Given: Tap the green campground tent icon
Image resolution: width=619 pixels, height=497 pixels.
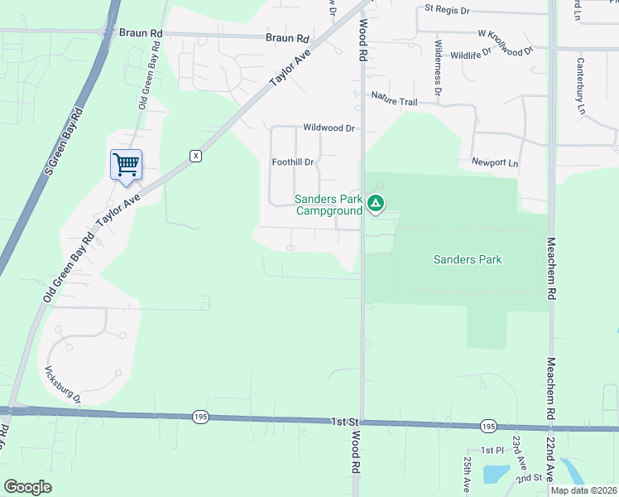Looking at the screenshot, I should point(376,203).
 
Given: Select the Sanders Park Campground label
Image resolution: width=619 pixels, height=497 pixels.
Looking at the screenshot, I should point(329,205).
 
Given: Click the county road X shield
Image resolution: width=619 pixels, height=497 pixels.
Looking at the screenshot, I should point(195,156).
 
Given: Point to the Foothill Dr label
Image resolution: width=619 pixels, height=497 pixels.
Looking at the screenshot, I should point(293,162).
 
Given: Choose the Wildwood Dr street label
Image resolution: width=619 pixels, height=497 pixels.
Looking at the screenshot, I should point(329,128).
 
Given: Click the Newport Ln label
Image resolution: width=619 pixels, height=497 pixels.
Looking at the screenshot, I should point(494,162).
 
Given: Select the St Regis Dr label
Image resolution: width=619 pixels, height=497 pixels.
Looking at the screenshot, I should point(447,10).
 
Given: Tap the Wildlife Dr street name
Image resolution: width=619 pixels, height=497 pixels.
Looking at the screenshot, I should point(471,54).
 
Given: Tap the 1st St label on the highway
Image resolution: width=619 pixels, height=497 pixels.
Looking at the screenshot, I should point(342,422).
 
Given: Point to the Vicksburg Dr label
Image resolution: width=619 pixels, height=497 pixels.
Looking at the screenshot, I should point(62,384).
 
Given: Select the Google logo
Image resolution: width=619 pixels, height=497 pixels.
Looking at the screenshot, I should point(28,487).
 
